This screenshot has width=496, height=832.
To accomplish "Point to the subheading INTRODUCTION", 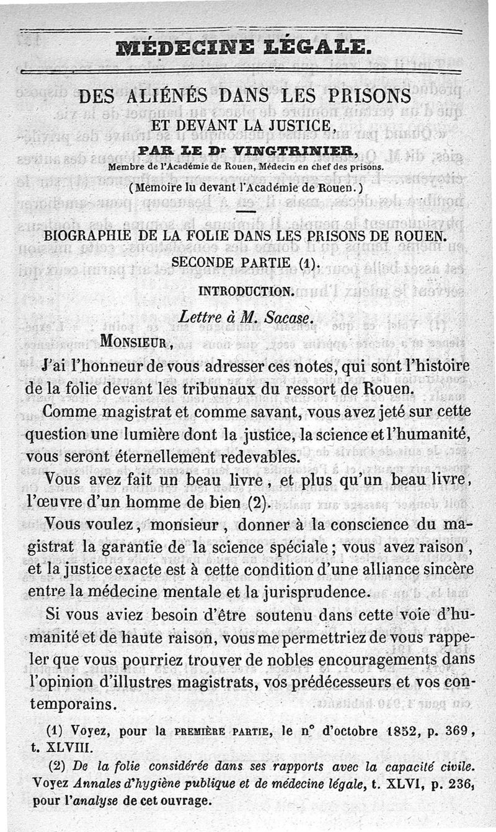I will tap(246, 290).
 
